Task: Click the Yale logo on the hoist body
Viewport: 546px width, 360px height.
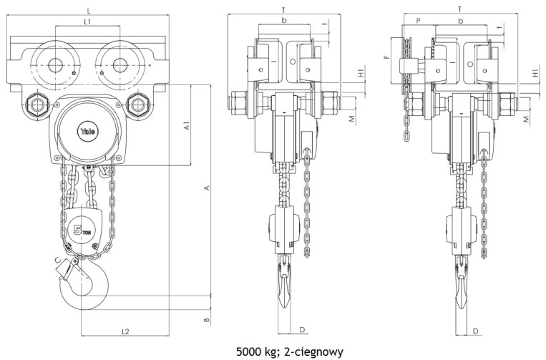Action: tap(88, 131)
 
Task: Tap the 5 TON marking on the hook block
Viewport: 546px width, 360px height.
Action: tap(82, 230)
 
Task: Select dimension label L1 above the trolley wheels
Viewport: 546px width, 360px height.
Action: tap(88, 21)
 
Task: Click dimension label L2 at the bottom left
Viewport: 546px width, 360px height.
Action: tap(125, 331)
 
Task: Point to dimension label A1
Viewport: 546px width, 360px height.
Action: tap(187, 126)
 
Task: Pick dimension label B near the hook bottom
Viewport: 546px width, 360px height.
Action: tap(207, 319)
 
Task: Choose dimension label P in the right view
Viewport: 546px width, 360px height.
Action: tap(418, 21)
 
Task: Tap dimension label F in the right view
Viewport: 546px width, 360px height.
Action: tap(386, 57)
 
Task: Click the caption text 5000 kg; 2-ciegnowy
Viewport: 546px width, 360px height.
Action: tap(290, 351)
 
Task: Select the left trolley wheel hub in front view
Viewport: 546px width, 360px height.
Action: tap(55, 65)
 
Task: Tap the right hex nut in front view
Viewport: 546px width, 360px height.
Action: tap(137, 104)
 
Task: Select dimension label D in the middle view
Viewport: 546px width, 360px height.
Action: tap(302, 329)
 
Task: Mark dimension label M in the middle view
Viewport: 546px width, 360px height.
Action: tap(351, 119)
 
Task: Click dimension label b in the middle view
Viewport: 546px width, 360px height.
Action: tap(284, 21)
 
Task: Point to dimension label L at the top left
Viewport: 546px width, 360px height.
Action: tap(89, 11)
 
